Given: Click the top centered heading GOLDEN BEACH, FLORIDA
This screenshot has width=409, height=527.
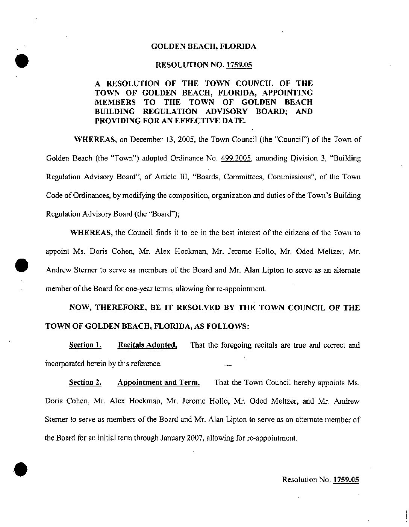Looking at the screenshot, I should point(203,47).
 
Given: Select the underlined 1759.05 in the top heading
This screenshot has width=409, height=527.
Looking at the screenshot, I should point(239,65).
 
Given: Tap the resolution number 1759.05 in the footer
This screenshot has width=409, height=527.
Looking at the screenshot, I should point(346,479).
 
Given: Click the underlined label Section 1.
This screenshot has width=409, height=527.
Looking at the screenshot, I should point(85,345).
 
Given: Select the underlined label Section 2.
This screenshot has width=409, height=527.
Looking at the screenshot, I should point(85,383).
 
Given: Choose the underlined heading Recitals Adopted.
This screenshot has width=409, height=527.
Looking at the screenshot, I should point(147,345).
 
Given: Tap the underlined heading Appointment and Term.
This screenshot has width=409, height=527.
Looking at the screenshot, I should point(158,383).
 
